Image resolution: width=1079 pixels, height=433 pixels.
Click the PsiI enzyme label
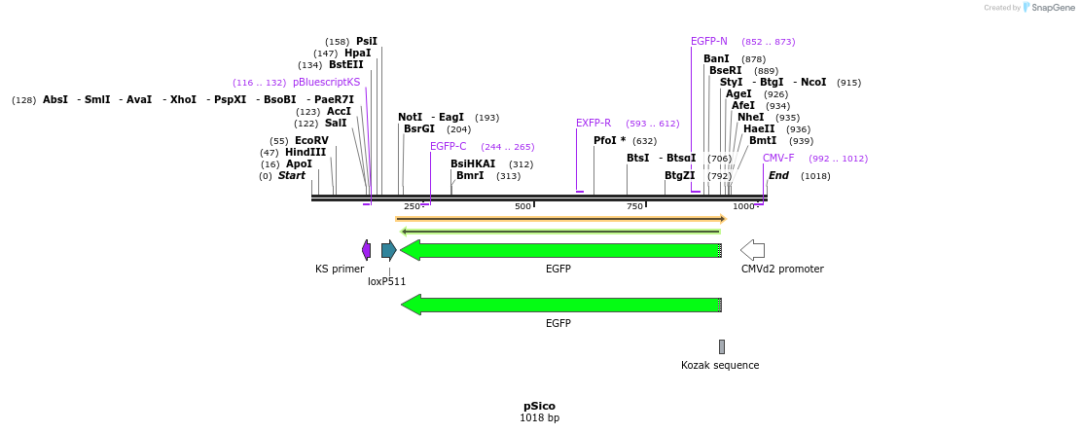coord(366,42)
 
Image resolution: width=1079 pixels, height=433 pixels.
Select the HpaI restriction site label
coord(357,54)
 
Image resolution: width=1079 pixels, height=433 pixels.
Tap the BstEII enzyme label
coord(345,65)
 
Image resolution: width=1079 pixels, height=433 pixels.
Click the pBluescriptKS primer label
coord(326,83)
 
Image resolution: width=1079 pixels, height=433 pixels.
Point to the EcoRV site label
coord(311,141)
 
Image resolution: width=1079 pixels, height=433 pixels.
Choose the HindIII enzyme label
coord(306,153)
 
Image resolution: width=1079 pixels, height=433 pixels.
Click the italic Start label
coord(292,176)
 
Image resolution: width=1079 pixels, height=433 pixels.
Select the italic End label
coord(778,176)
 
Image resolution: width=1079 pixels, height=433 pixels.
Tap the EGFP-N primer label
coord(709,42)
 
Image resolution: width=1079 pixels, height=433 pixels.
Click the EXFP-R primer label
coord(593,124)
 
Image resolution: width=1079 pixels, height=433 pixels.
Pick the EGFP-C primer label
coord(449,147)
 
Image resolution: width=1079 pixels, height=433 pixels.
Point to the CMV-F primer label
coord(778,159)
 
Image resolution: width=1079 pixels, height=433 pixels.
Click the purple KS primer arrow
coord(366,250)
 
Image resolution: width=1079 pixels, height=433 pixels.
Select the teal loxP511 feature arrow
coord(388,250)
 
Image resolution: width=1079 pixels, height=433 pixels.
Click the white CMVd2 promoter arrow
coord(752,250)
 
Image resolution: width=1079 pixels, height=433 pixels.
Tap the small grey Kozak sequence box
coord(722,346)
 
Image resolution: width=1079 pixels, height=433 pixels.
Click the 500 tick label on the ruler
coord(522,206)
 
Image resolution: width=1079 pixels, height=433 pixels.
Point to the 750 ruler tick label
coord(634,206)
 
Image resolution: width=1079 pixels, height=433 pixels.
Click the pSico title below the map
coord(539,406)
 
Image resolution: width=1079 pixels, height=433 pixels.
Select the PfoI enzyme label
coord(609,141)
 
